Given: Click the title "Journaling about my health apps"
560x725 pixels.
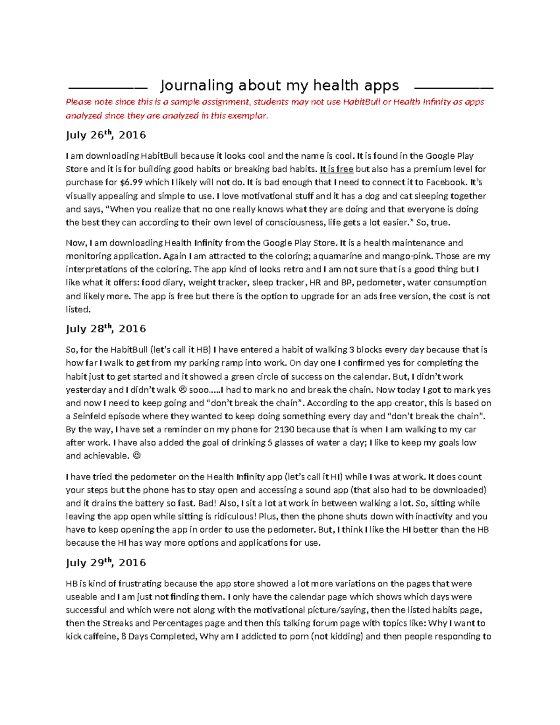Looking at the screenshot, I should click(x=280, y=85).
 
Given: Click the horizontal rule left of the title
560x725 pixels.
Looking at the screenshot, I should click(x=107, y=88).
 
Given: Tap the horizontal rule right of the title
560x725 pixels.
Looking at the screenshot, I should click(x=454, y=88).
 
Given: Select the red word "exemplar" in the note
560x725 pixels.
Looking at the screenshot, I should click(x=249, y=116).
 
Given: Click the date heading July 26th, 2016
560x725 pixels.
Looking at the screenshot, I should click(x=106, y=135).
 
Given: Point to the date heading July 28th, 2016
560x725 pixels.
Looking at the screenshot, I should click(x=106, y=329).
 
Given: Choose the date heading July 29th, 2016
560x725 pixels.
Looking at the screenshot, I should click(x=106, y=563).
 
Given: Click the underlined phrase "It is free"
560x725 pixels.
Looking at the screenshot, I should click(x=336, y=169).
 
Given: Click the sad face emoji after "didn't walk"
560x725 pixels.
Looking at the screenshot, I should click(x=183, y=390).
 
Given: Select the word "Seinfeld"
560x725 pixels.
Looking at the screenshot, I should click(x=92, y=416).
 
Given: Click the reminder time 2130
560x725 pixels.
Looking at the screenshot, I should click(x=284, y=429).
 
